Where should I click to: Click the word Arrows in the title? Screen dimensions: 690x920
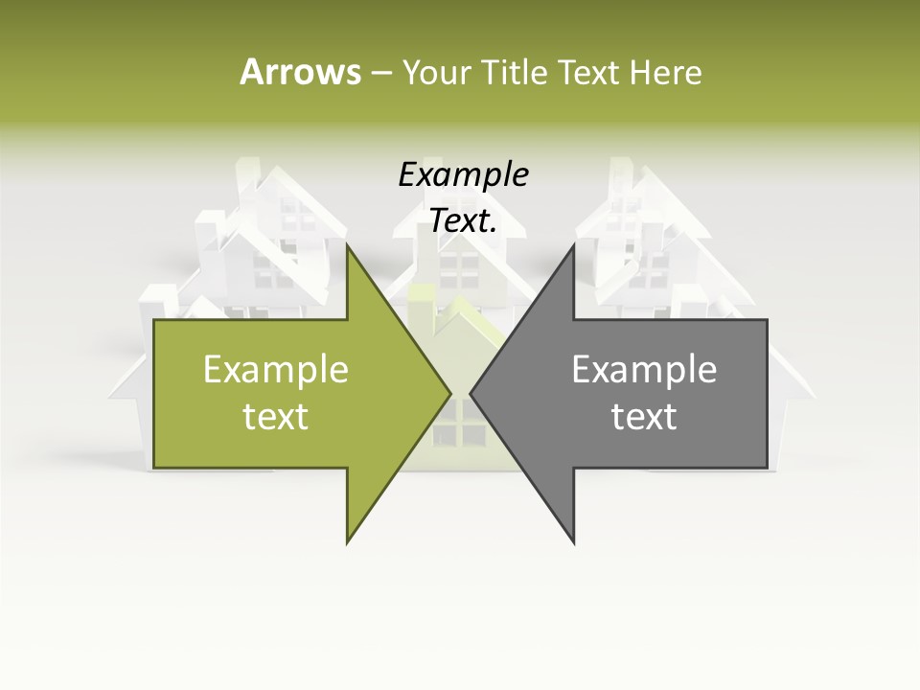click(x=300, y=72)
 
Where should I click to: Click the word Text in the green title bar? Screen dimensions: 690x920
click(x=588, y=73)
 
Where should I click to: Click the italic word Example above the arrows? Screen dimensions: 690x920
click(x=463, y=175)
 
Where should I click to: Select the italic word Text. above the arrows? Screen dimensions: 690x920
click(x=463, y=221)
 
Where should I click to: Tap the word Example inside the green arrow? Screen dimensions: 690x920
click(x=276, y=370)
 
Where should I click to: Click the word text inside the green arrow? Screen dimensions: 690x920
click(x=276, y=417)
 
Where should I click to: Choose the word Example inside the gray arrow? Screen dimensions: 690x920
click(x=644, y=370)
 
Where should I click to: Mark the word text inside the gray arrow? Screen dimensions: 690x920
click(x=644, y=417)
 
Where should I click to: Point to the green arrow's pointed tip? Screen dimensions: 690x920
click(x=449, y=393)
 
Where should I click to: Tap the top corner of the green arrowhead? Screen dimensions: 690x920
click(x=347, y=245)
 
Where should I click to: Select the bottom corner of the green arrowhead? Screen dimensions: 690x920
click(x=347, y=542)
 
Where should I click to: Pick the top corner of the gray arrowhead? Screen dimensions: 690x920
click(x=573, y=245)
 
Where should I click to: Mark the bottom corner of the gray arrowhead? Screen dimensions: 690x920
click(x=573, y=542)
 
